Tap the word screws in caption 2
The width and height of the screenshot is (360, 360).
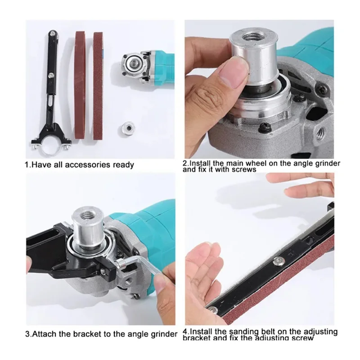click(243, 170)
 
